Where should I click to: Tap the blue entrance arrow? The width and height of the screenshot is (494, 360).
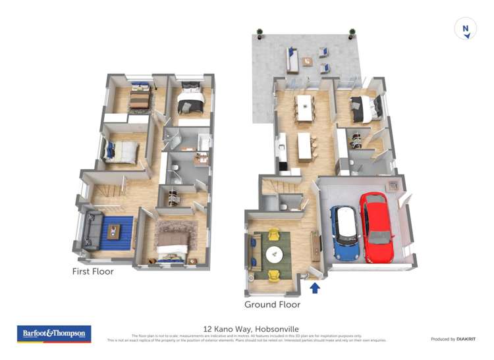[x=315, y=288]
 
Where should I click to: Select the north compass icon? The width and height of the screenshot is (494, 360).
[x=465, y=29]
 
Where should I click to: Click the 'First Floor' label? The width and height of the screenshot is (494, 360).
[x=93, y=271]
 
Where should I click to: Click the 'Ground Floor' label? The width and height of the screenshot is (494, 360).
[x=272, y=305]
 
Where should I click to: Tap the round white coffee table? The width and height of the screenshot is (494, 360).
[x=273, y=253]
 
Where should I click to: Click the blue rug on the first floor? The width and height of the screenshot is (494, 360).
[x=113, y=232]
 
